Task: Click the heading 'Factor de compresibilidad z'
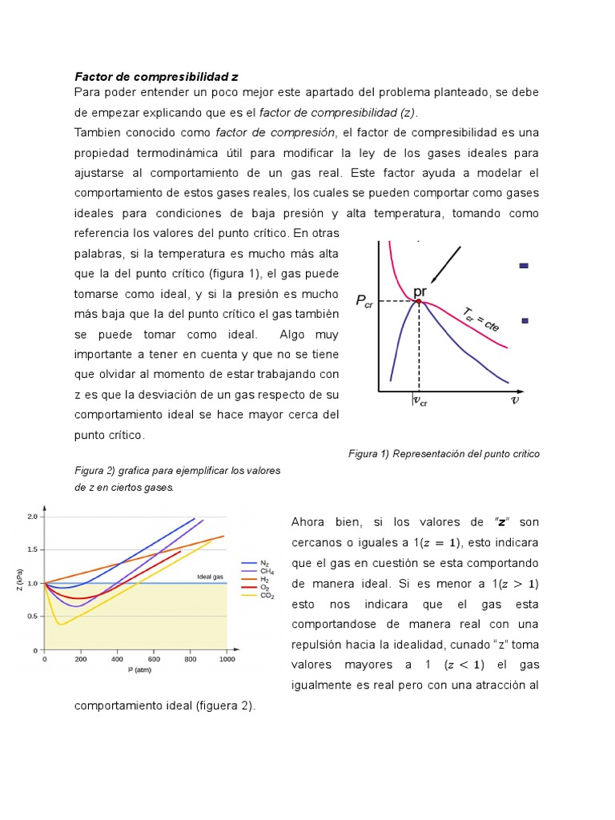click(x=156, y=78)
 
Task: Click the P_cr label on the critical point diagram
click(x=364, y=301)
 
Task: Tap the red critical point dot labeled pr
click(x=418, y=301)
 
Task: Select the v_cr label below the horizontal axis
click(x=420, y=401)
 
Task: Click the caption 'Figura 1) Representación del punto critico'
click(x=444, y=454)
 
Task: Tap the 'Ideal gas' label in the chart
click(x=210, y=577)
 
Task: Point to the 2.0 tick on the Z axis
click(x=32, y=517)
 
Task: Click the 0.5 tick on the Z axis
click(x=32, y=617)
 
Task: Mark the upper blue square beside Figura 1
click(x=524, y=266)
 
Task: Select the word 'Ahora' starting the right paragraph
click(x=308, y=522)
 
